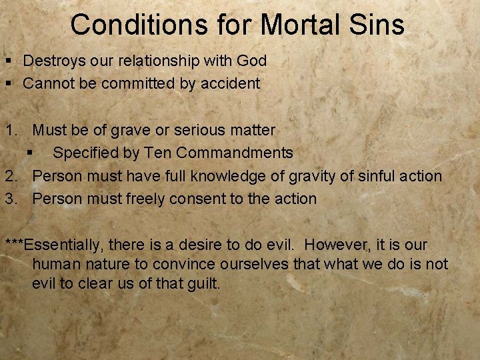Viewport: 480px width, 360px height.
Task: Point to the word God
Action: pyautogui.click(x=251, y=61)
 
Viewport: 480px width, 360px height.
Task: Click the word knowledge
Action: pyautogui.click(x=229, y=176)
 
